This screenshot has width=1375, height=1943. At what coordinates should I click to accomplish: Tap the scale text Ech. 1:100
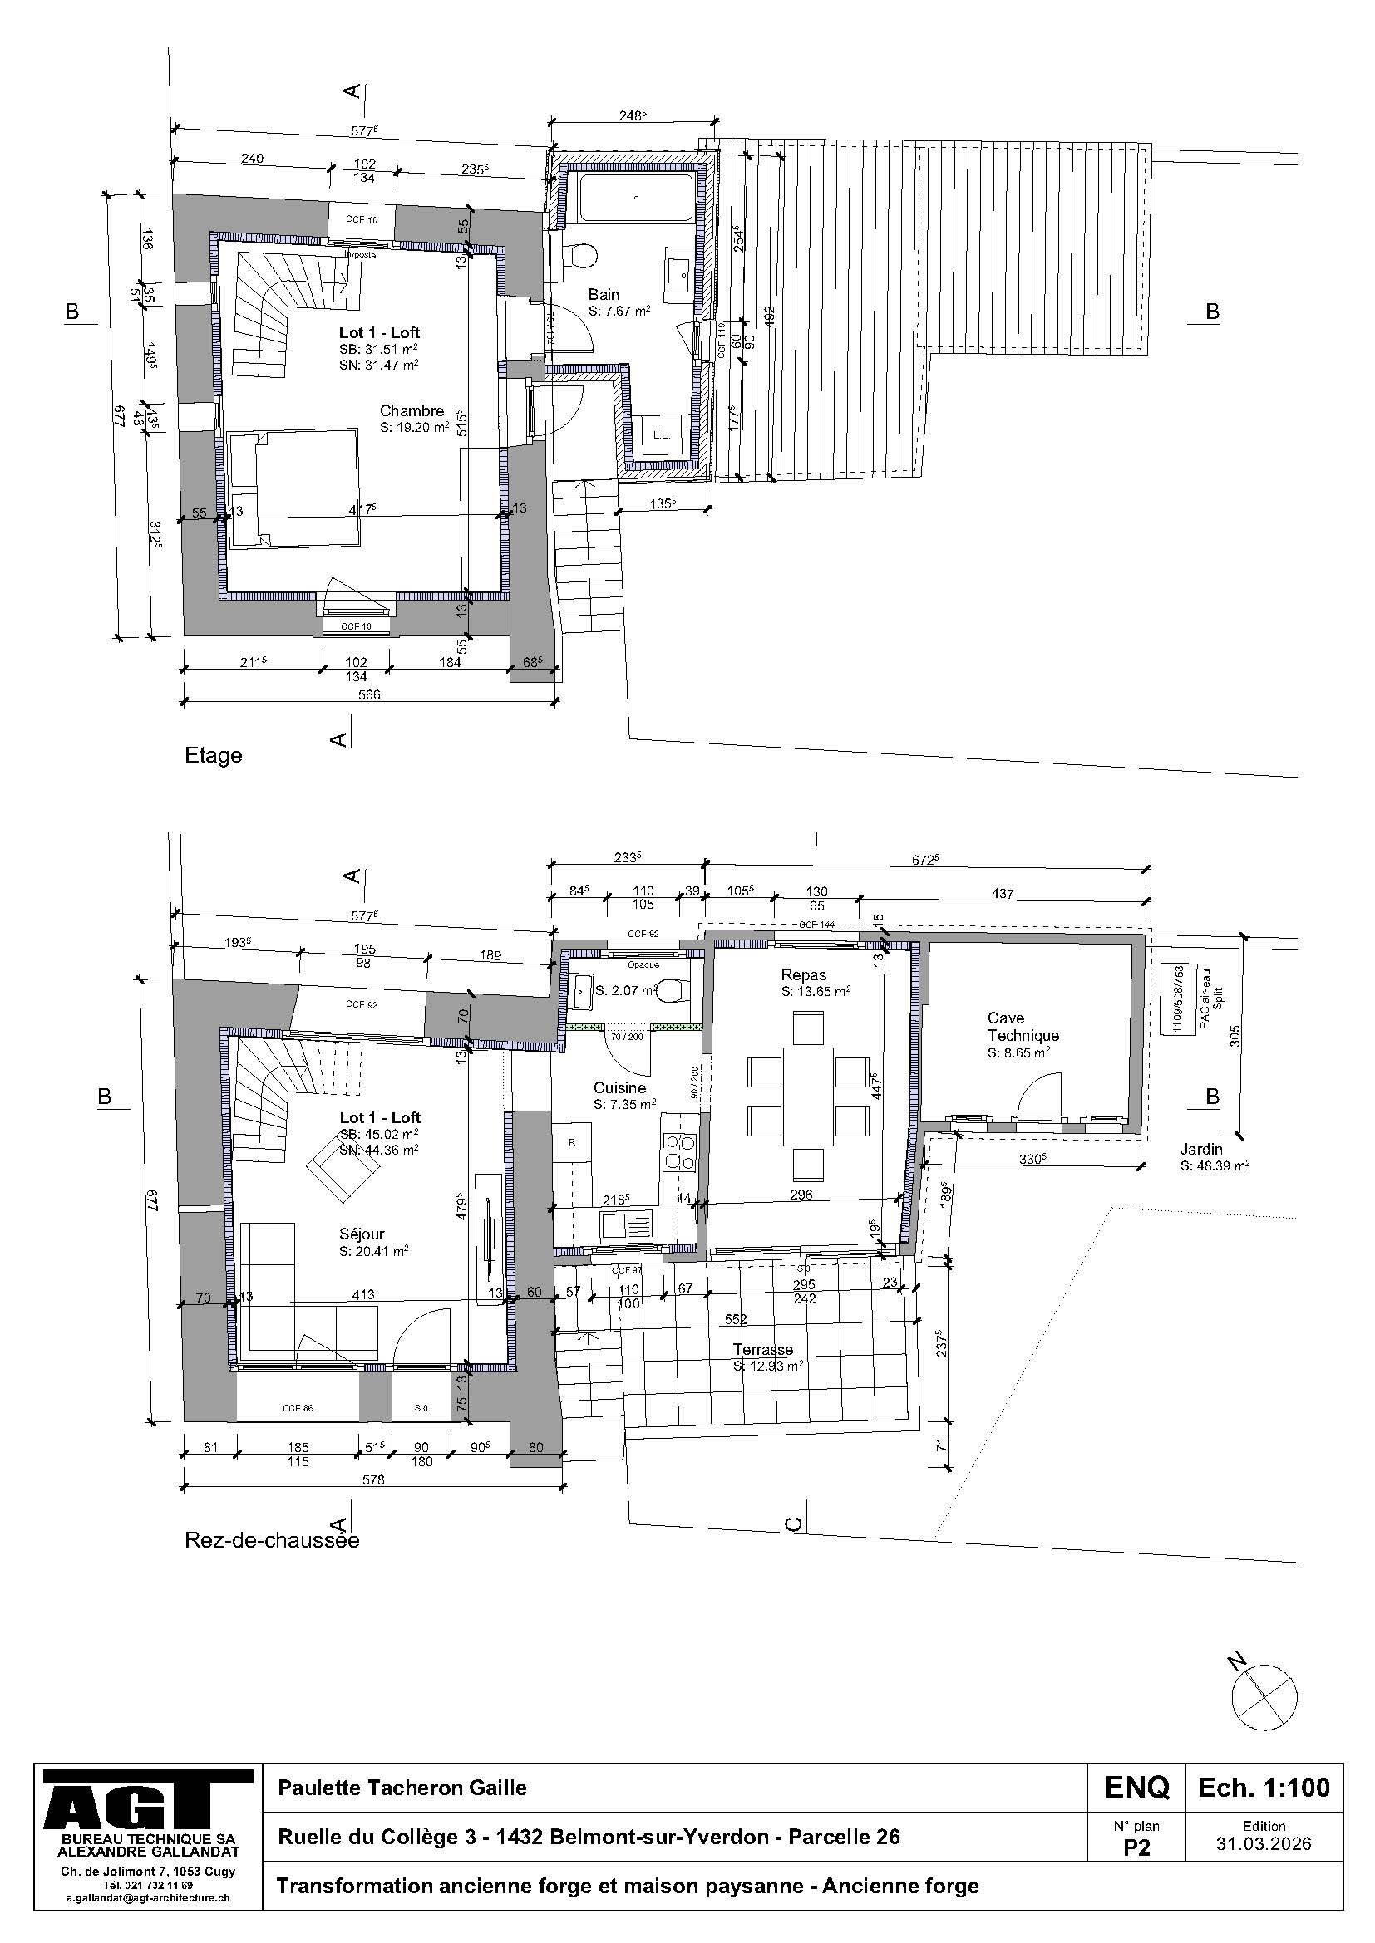(1264, 1788)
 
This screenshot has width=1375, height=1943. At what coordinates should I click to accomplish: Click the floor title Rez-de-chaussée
(272, 1539)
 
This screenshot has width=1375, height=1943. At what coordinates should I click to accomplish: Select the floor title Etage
(214, 755)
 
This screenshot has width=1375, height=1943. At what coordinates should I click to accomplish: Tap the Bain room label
(604, 295)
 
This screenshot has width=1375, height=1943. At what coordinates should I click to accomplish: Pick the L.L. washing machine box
(661, 435)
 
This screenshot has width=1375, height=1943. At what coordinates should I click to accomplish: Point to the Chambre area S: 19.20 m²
(414, 427)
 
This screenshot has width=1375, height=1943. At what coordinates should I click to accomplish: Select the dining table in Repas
(808, 1096)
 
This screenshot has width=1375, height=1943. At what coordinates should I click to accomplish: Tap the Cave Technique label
(1023, 1027)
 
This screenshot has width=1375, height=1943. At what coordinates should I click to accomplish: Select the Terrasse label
(763, 1349)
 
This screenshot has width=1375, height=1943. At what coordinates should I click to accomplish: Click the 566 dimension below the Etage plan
(369, 694)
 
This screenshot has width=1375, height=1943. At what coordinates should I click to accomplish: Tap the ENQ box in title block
(1136, 1788)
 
